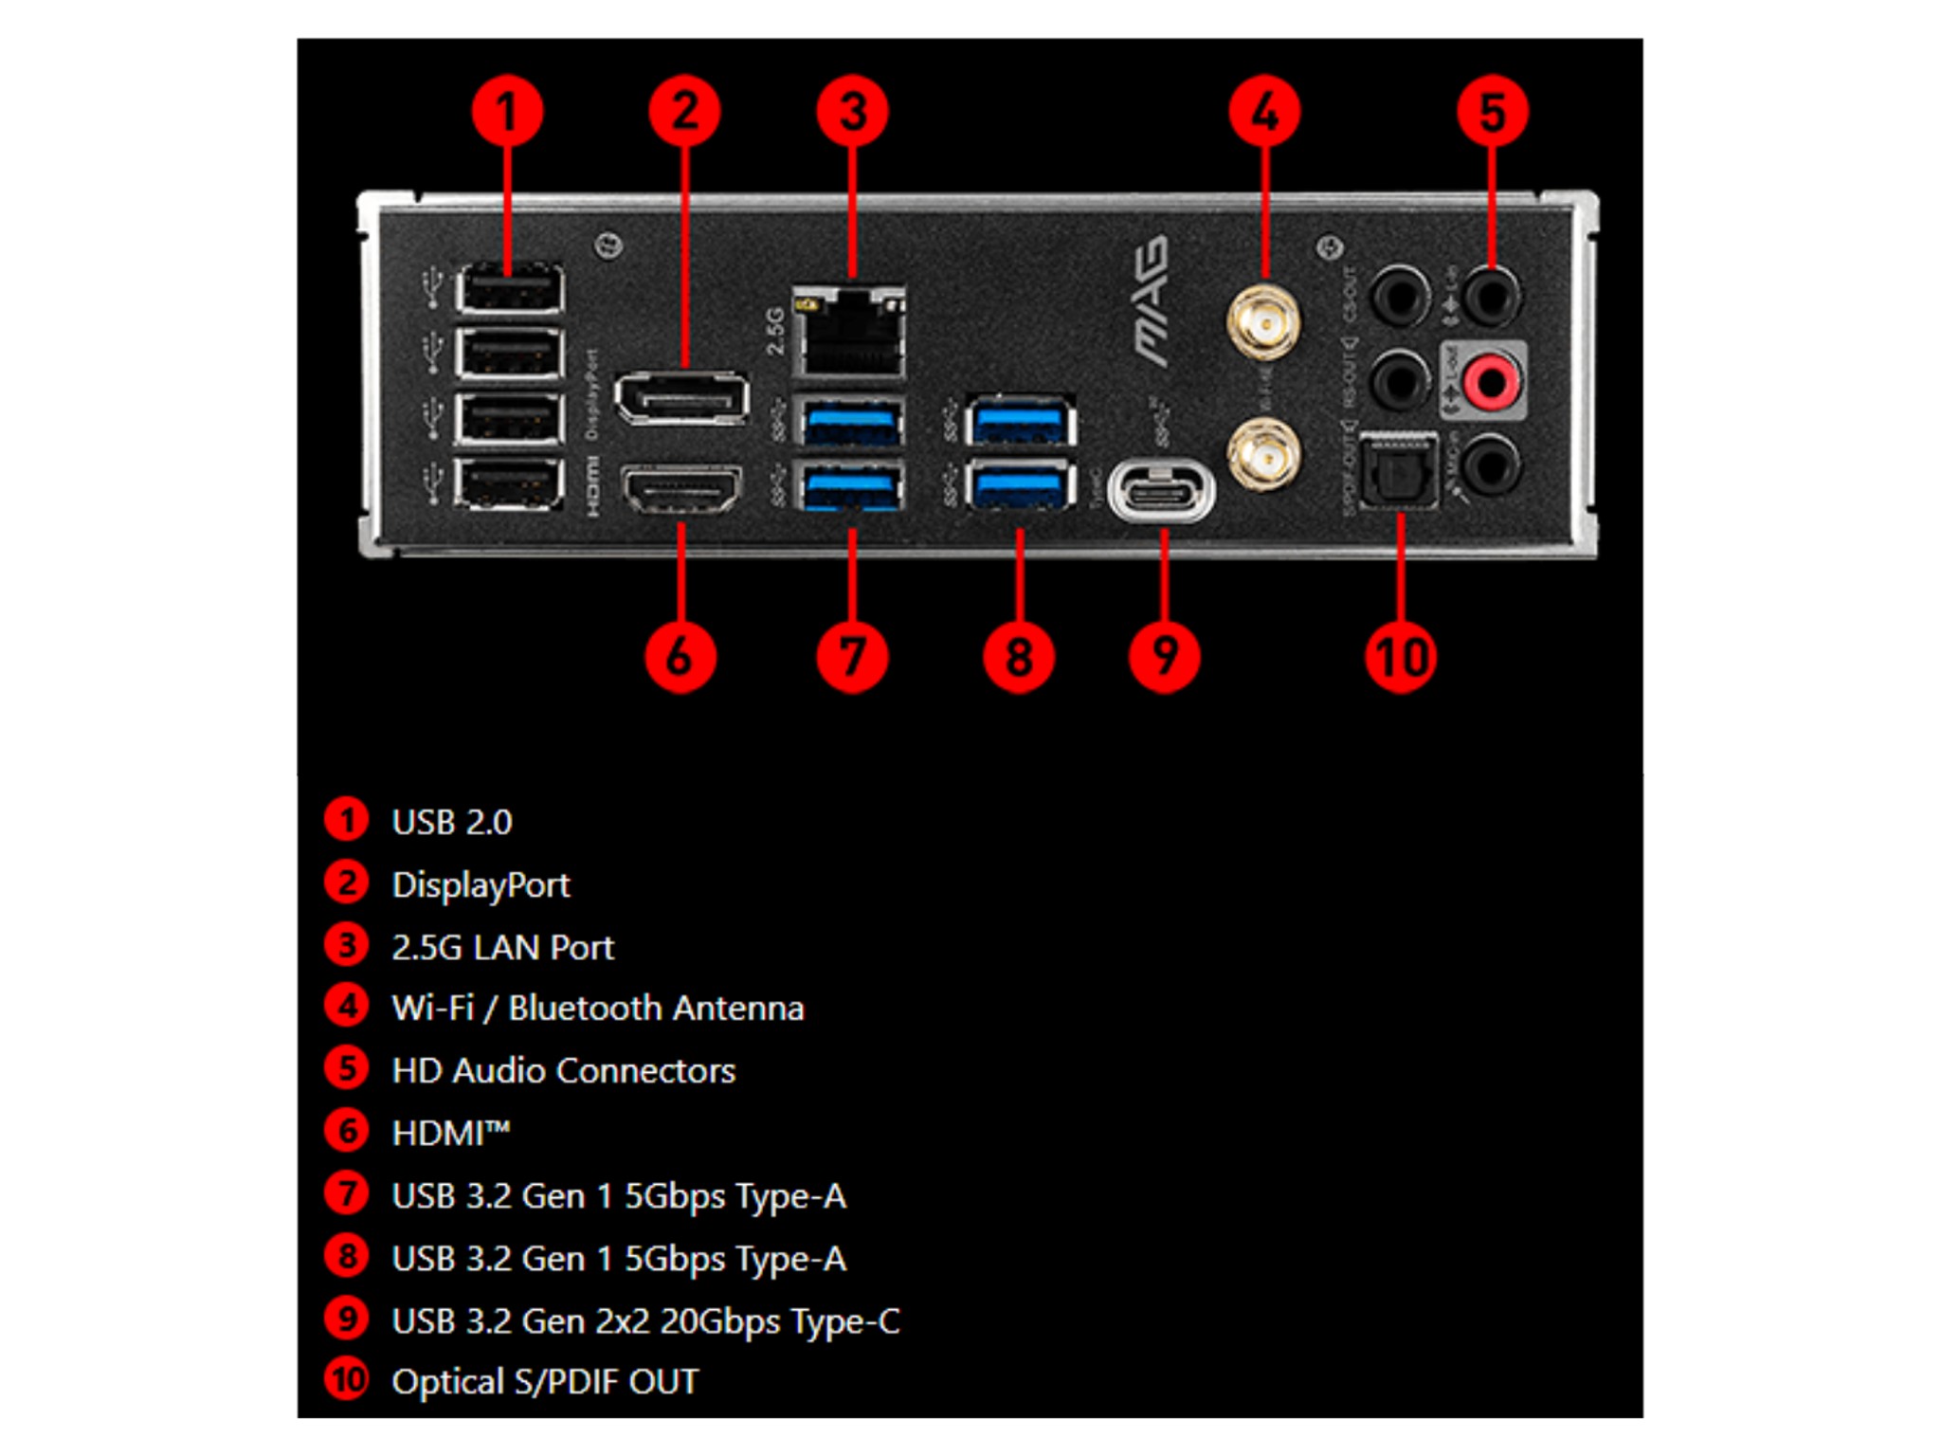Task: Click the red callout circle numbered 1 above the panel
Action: pyautogui.click(x=507, y=112)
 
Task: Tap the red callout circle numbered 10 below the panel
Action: pyautogui.click(x=1401, y=657)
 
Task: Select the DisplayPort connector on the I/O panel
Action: pyautogui.click(x=681, y=397)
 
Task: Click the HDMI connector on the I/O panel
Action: pyautogui.click(x=680, y=487)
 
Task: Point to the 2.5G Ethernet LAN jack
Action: pyautogui.click(x=849, y=334)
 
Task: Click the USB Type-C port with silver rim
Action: pyautogui.click(x=1161, y=490)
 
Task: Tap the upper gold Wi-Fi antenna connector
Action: pyautogui.click(x=1263, y=321)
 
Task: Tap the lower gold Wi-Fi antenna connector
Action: pyautogui.click(x=1263, y=454)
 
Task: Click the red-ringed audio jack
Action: pyautogui.click(x=1491, y=381)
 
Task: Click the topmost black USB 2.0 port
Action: pyautogui.click(x=509, y=288)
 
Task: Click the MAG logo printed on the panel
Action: pyautogui.click(x=1152, y=301)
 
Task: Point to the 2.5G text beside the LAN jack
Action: pyautogui.click(x=775, y=331)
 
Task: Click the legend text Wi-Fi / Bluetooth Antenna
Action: pyautogui.click(x=597, y=1008)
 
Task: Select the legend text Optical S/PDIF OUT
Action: pyautogui.click(x=545, y=1382)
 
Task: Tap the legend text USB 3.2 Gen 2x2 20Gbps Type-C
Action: pyautogui.click(x=645, y=1320)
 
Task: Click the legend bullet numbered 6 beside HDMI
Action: pyautogui.click(x=347, y=1131)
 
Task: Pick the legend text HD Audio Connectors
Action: pyautogui.click(x=563, y=1070)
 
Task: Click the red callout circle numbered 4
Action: pyautogui.click(x=1264, y=112)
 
